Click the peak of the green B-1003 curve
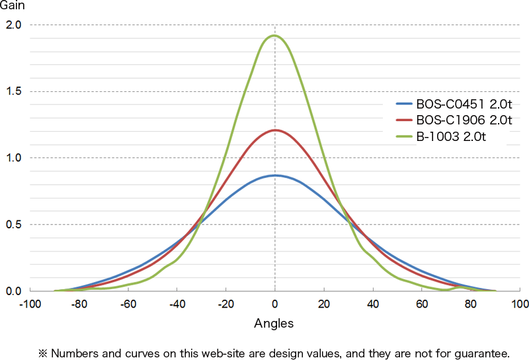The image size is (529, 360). [274, 36]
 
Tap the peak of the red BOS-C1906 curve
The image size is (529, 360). [274, 130]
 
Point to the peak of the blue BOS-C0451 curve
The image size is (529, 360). [274, 175]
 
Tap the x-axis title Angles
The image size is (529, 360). [274, 324]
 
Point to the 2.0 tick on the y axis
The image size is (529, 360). [14, 25]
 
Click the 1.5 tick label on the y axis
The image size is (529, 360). [14, 91]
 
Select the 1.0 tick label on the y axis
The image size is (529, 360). [14, 158]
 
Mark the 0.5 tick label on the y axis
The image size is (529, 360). [14, 224]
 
